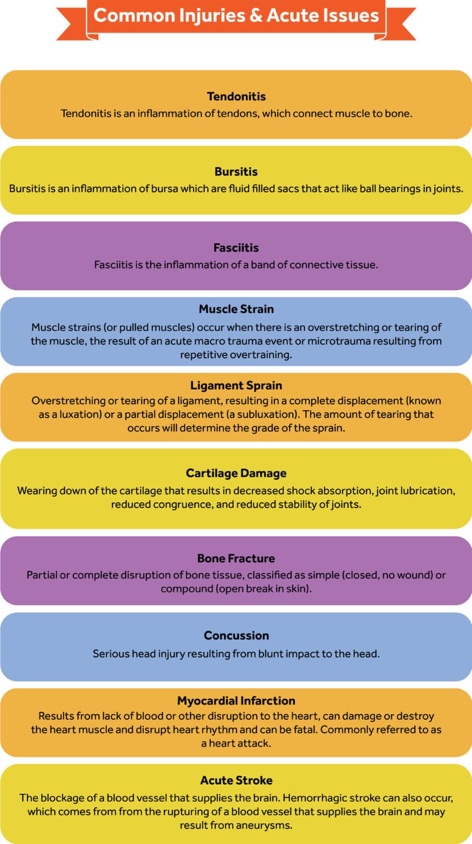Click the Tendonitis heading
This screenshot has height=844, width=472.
[x=236, y=97]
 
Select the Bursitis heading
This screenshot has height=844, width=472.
[x=236, y=172]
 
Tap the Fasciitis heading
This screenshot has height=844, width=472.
[x=236, y=248]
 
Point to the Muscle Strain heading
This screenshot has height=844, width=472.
[x=236, y=309]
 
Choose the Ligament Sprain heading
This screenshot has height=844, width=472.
[x=236, y=385]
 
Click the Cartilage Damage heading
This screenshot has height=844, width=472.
[x=236, y=473]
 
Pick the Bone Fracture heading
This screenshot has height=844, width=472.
[x=236, y=558]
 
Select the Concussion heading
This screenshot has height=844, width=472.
[x=236, y=636]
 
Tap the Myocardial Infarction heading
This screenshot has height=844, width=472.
[x=236, y=701]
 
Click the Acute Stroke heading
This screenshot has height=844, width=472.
[x=236, y=780]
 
